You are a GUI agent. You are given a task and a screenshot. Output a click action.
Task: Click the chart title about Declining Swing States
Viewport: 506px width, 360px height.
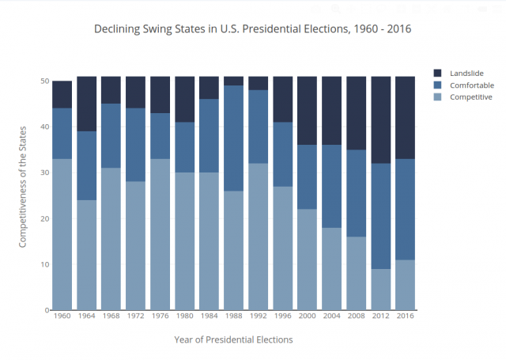click(253, 29)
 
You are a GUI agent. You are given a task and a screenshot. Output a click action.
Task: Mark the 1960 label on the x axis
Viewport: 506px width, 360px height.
click(62, 316)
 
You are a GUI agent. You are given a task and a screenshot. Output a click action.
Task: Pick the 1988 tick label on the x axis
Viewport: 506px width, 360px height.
click(234, 316)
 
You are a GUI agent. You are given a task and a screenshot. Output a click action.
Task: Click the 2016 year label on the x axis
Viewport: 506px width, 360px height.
click(406, 316)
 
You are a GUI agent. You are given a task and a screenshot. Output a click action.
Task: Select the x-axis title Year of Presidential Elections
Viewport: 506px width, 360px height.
click(233, 339)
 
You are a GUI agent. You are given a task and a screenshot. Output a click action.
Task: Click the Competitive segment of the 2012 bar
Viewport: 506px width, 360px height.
click(381, 290)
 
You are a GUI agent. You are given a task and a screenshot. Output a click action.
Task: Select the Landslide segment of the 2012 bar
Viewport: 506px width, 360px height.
click(381, 119)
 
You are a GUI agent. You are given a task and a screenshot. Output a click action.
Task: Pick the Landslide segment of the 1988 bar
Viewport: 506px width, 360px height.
click(234, 81)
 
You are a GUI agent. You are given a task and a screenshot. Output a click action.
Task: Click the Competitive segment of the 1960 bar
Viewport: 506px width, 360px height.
click(62, 234)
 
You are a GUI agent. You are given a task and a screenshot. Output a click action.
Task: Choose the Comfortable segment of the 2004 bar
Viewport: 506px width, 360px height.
click(332, 186)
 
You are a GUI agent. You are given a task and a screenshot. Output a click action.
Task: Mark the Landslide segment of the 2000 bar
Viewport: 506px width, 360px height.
click(308, 111)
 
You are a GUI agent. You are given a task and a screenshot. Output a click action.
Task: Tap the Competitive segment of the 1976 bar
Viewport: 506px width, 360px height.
click(160, 234)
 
